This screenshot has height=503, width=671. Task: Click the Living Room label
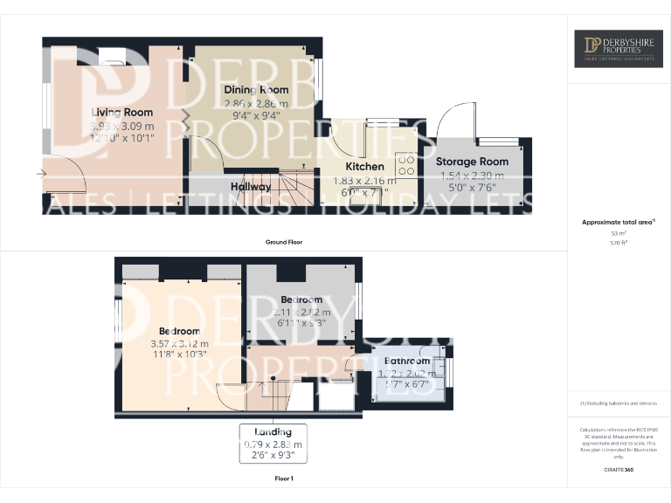(122, 112)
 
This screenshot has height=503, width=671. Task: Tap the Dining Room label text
(255, 90)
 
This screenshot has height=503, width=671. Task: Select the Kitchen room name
(364, 166)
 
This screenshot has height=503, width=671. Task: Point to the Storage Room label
(473, 162)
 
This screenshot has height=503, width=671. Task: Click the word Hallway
(251, 187)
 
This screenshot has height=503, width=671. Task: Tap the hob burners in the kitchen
(406, 164)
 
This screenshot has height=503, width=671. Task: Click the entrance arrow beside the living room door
(41, 173)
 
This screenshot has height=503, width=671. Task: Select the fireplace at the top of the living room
(112, 55)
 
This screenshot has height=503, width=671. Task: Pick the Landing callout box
(273, 444)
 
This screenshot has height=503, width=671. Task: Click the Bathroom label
(407, 361)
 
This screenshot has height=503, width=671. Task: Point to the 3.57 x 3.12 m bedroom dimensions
(179, 343)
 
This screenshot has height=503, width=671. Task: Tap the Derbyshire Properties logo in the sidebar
(618, 50)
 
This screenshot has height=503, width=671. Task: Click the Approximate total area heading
(617, 223)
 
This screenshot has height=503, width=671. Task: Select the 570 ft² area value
(619, 243)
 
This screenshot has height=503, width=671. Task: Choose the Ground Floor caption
(284, 241)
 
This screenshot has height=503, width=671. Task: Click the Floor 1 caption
(284, 479)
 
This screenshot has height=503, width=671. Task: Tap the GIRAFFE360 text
(618, 471)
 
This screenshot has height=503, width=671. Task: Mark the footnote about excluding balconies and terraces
(618, 403)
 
